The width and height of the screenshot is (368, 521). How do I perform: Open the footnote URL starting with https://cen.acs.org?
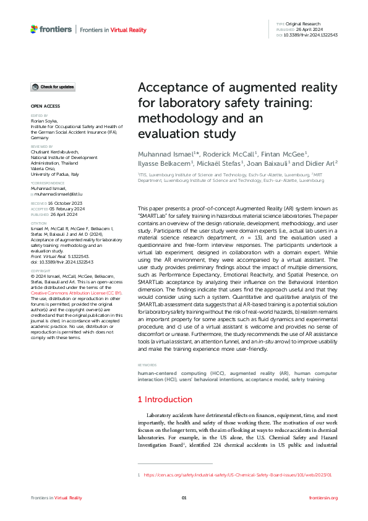[x=238, y=475]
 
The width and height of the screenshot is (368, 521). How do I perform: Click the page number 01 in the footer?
[x=184, y=498]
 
